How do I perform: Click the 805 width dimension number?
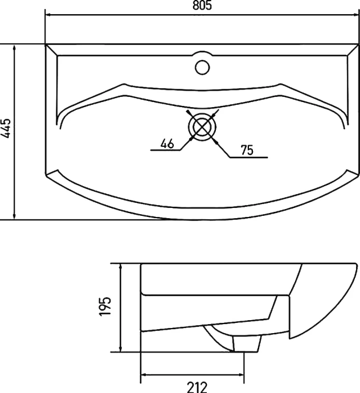click(202, 5)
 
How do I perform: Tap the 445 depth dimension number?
click(6, 128)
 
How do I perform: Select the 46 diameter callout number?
click(167, 144)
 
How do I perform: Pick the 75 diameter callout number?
click(247, 150)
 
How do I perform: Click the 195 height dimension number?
click(105, 306)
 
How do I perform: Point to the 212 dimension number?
click(197, 387)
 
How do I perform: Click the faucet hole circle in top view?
click(202, 67)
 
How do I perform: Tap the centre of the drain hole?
click(202, 127)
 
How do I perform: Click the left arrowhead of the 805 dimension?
click(48, 15)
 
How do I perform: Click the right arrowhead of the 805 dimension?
click(357, 15)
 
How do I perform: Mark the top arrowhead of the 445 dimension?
click(15, 48)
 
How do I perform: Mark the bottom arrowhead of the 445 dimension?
click(15, 216)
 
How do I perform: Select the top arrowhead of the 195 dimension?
click(121, 267)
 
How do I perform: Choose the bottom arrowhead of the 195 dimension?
click(121, 349)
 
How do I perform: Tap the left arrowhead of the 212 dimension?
click(144, 375)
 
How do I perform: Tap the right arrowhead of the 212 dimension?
click(240, 375)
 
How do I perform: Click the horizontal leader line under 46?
click(165, 150)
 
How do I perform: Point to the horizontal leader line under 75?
click(249, 157)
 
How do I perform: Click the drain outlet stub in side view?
click(247, 343)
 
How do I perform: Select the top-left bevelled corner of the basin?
click(52, 50)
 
